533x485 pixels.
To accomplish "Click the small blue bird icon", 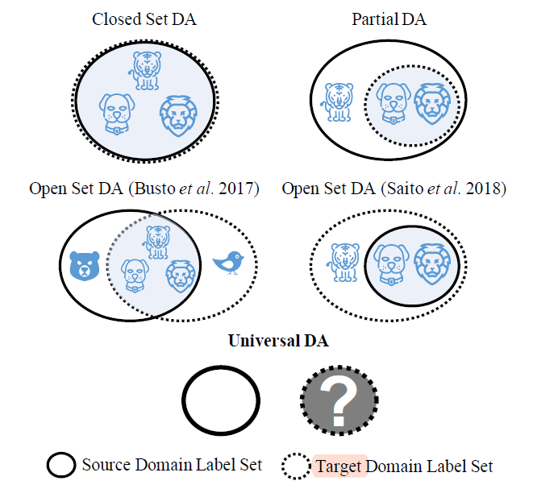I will point(228,262).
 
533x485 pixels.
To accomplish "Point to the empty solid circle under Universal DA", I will point(220,400).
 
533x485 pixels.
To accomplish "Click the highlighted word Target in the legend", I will point(339,466).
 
